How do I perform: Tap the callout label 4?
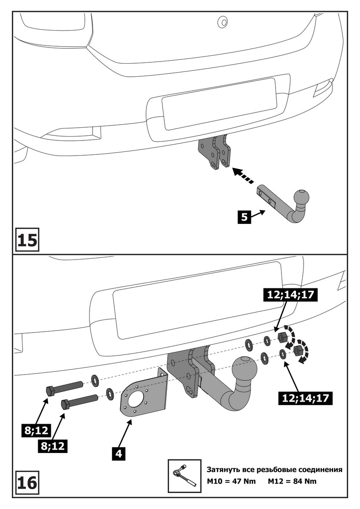pyautogui.click(x=119, y=453)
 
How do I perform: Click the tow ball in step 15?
pyautogui.click(x=301, y=197)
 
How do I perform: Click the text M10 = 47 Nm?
pyautogui.click(x=231, y=482)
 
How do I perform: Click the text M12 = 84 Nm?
pyautogui.click(x=292, y=482)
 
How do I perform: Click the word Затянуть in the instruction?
pyautogui.click(x=225, y=470)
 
